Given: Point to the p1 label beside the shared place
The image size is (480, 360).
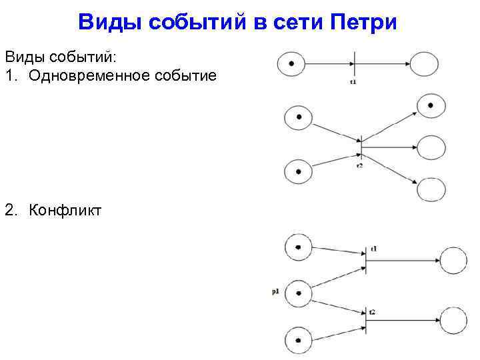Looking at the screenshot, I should coord(276,291).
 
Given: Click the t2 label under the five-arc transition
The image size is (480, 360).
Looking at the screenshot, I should coord(359,164).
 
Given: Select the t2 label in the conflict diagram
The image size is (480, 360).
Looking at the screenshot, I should coord(372,311).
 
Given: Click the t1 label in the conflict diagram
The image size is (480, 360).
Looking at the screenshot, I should coord(374,249).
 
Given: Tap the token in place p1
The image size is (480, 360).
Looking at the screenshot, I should coord(298,292).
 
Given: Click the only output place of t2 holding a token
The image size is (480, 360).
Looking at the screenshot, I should coord(431,105).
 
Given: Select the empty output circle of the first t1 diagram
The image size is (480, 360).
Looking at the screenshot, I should coord(424,64).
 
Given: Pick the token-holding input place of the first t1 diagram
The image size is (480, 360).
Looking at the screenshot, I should coord(291,64).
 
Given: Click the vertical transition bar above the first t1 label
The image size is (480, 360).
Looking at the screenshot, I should coord(354,64).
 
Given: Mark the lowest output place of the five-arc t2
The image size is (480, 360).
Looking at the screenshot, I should coord(431,189).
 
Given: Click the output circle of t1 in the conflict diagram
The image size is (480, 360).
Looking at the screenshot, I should coord(453,261).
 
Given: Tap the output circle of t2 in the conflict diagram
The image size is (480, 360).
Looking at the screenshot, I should coord(453,321).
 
